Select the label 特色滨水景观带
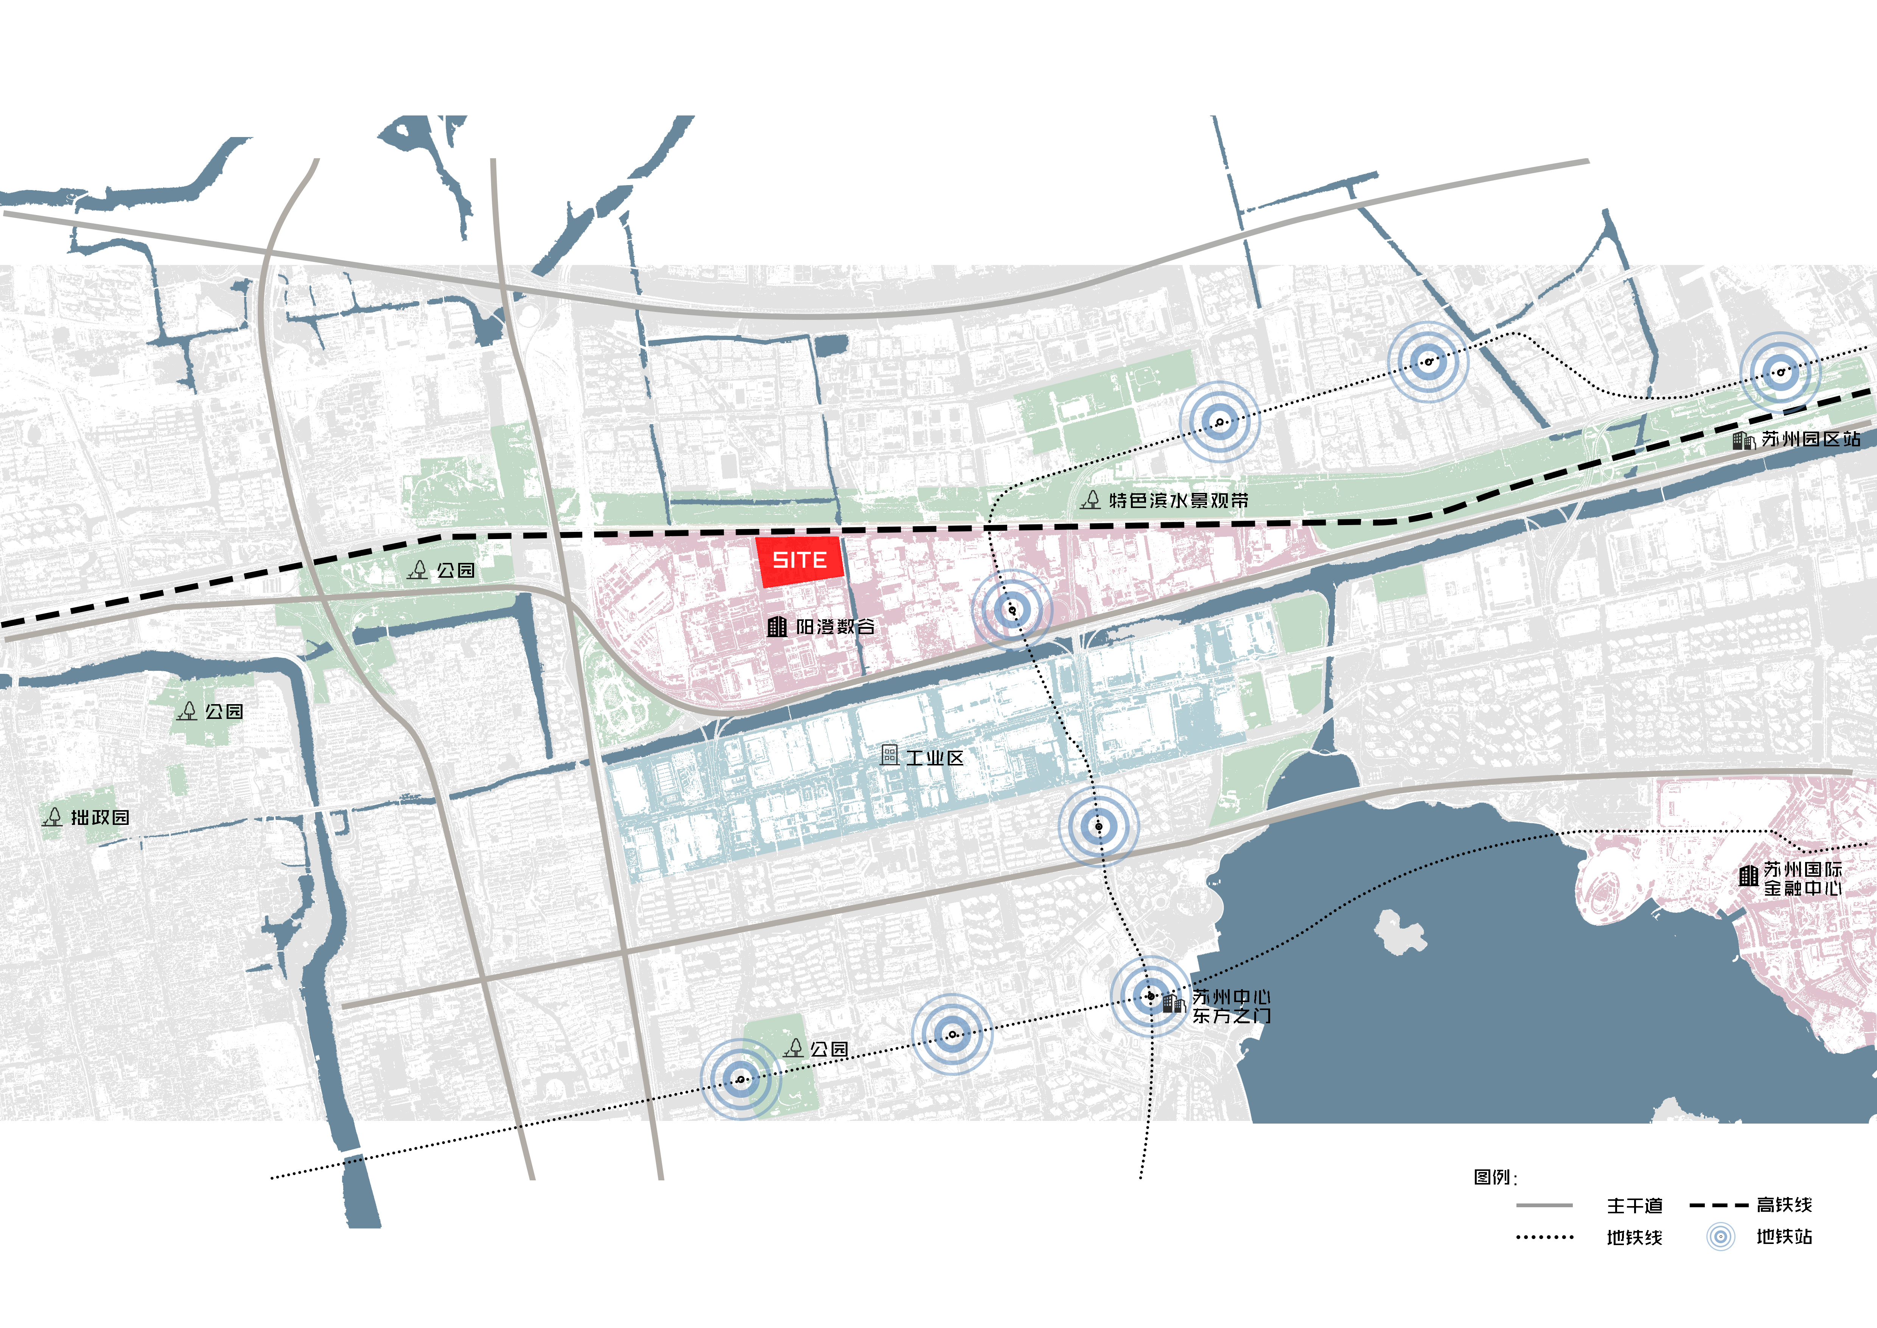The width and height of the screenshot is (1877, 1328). click(1178, 500)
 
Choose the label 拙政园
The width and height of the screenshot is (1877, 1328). click(100, 817)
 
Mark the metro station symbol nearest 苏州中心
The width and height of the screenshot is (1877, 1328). click(1150, 996)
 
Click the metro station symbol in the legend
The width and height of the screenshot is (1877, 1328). click(1720, 1236)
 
